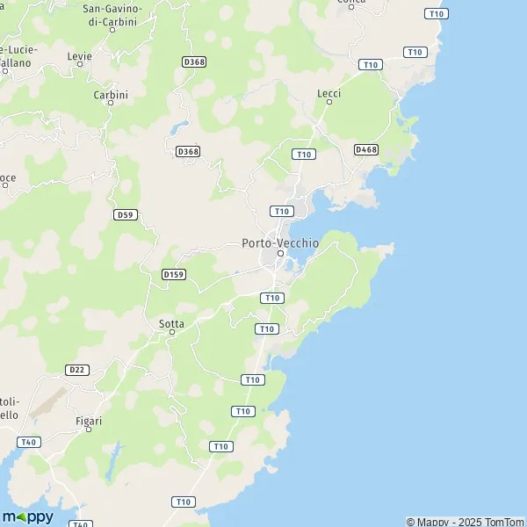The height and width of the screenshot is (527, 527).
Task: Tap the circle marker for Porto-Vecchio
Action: coord(280,254)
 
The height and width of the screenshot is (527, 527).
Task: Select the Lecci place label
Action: coord(328,92)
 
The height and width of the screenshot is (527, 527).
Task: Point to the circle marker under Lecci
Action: coord(329,102)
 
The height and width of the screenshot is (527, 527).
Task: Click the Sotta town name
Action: coord(171,323)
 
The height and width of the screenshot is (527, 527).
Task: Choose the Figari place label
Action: coord(88,421)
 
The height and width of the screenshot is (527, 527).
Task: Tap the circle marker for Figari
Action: coord(88,430)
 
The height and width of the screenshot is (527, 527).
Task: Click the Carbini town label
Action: coord(111,94)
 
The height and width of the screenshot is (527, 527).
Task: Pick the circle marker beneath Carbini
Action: coord(111,103)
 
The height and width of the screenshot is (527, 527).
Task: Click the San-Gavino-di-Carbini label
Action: coord(111,15)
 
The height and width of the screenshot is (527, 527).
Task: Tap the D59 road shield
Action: coord(125,214)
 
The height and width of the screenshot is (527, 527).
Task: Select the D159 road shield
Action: coord(174,275)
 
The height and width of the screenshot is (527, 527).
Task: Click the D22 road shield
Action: coord(76,371)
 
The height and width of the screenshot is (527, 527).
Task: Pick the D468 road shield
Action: coord(365,150)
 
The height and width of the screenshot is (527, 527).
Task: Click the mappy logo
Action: coord(28,516)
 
